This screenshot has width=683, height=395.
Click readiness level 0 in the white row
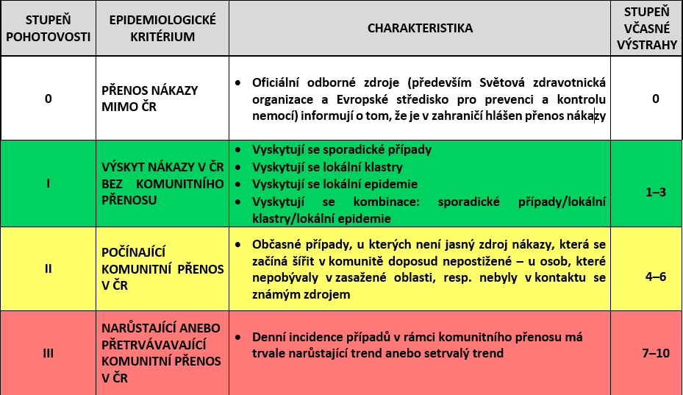pos(48,99)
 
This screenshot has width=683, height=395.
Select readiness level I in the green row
pos(48,183)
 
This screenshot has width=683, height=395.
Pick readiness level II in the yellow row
pos(48,268)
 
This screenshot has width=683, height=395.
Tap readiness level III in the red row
pos(48,353)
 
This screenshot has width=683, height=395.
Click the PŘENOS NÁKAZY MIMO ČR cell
pos(149,99)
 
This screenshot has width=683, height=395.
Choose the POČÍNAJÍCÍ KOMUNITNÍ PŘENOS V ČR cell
pos(162,268)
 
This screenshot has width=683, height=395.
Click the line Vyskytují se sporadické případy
pos(341,149)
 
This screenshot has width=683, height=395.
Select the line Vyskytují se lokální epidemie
pos(335,184)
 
